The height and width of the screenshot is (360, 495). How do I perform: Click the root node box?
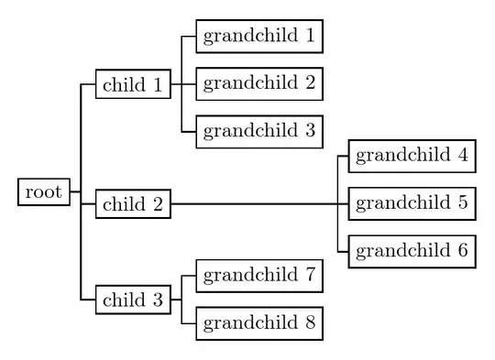43,192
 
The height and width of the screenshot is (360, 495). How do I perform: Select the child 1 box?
132,86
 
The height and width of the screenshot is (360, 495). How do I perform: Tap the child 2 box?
132,204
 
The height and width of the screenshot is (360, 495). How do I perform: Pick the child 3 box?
132,300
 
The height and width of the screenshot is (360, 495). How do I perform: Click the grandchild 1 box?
258,37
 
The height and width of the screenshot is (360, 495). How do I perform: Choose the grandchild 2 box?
258,83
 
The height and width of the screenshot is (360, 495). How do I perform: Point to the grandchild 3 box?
258,131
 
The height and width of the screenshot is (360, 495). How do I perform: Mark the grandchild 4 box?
412,155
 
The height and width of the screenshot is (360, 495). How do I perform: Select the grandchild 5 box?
412,202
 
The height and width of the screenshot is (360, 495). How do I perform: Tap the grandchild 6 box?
412,250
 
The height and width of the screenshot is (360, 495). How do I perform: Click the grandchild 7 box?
258,274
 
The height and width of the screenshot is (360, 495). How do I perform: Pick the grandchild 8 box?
258,322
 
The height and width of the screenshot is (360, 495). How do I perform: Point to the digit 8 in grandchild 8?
310,322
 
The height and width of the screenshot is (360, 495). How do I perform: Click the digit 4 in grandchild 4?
463,155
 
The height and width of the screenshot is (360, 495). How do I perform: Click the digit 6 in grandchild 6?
463,250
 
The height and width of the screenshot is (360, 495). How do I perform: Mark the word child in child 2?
124,204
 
